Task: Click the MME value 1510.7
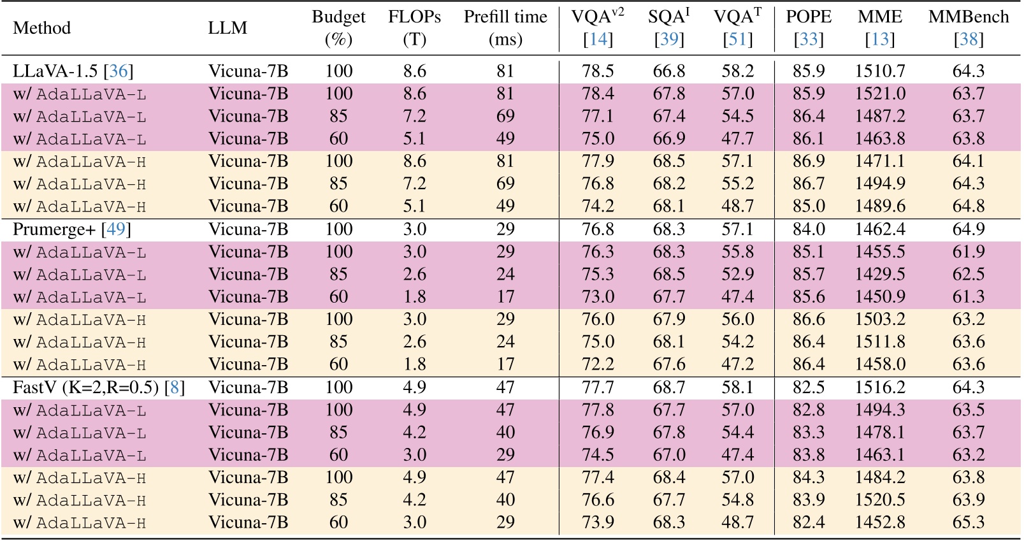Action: [x=880, y=71]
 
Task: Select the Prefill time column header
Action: [x=505, y=28]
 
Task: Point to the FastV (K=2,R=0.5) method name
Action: [x=87, y=387]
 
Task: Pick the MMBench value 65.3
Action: [x=968, y=523]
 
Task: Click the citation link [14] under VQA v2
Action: [x=598, y=40]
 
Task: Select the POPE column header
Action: [x=809, y=17]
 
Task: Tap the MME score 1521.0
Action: [x=880, y=94]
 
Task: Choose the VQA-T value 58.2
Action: [x=737, y=71]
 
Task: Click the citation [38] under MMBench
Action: [x=968, y=40]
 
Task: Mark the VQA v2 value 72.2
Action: [x=598, y=364]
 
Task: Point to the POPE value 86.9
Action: [x=809, y=161]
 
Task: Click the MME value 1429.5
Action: [x=880, y=274]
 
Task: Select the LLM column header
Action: [x=227, y=28]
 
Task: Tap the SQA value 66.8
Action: [x=668, y=71]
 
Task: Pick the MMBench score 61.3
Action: [x=968, y=296]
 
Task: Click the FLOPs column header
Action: [x=414, y=28]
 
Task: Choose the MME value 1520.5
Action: [x=880, y=500]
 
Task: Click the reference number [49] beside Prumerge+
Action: [x=116, y=229]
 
